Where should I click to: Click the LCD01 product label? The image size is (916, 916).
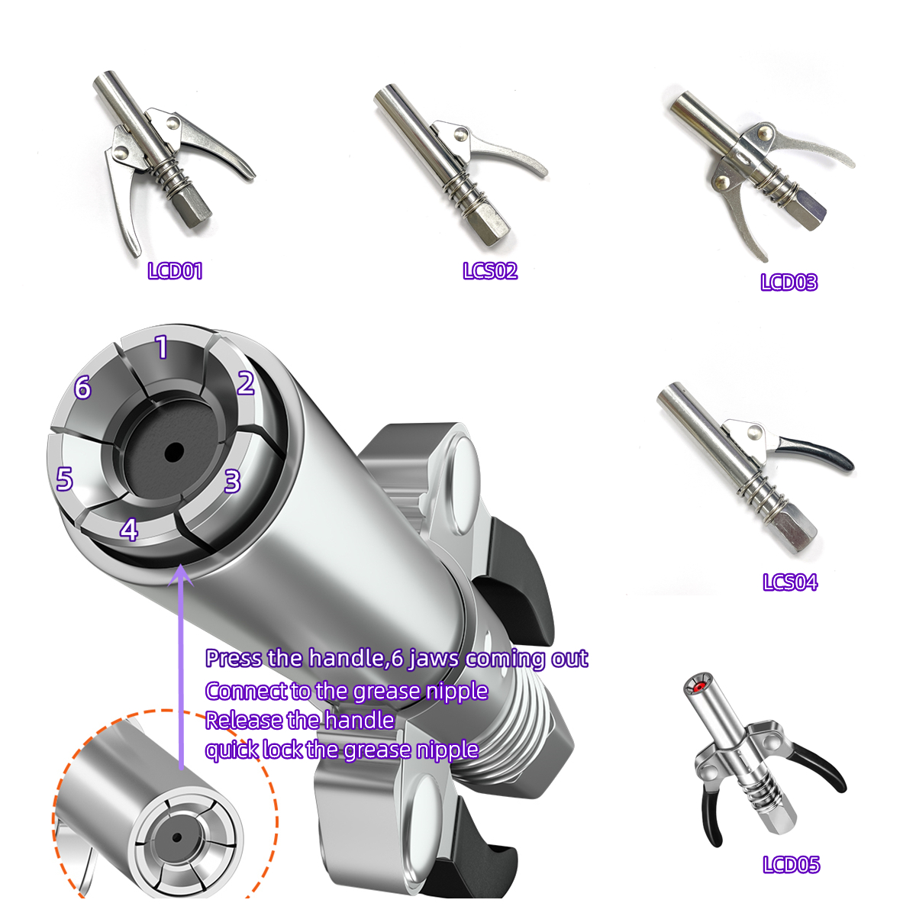(x=175, y=271)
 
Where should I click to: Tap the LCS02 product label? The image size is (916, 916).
(x=490, y=270)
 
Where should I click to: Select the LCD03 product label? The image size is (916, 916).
(x=789, y=282)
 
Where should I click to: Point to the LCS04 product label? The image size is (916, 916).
(x=790, y=582)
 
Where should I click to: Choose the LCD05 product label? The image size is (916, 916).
(x=792, y=864)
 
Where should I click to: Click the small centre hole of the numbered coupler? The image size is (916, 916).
(x=175, y=452)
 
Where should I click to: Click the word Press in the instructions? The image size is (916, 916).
(x=234, y=658)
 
